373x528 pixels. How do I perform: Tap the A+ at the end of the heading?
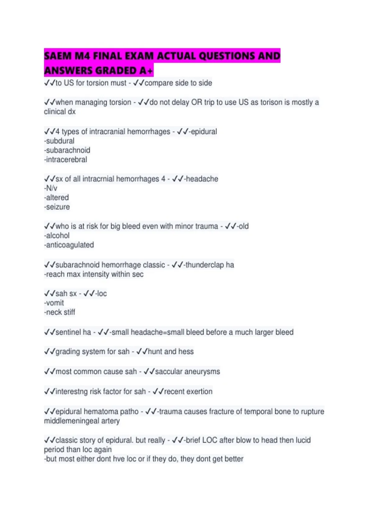(146, 71)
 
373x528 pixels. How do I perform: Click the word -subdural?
(59, 141)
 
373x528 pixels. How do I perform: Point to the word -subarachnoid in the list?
(67, 150)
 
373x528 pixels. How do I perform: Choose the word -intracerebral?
(66, 160)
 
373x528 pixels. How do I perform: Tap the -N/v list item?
(51, 188)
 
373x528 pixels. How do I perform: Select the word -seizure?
(57, 207)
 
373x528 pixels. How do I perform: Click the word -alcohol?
(57, 236)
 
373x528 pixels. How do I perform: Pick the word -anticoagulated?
(69, 245)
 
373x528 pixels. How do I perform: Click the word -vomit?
(54, 303)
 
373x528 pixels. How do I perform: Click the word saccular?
(169, 372)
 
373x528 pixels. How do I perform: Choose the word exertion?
(200, 392)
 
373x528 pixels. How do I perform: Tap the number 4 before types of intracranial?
(58, 132)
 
